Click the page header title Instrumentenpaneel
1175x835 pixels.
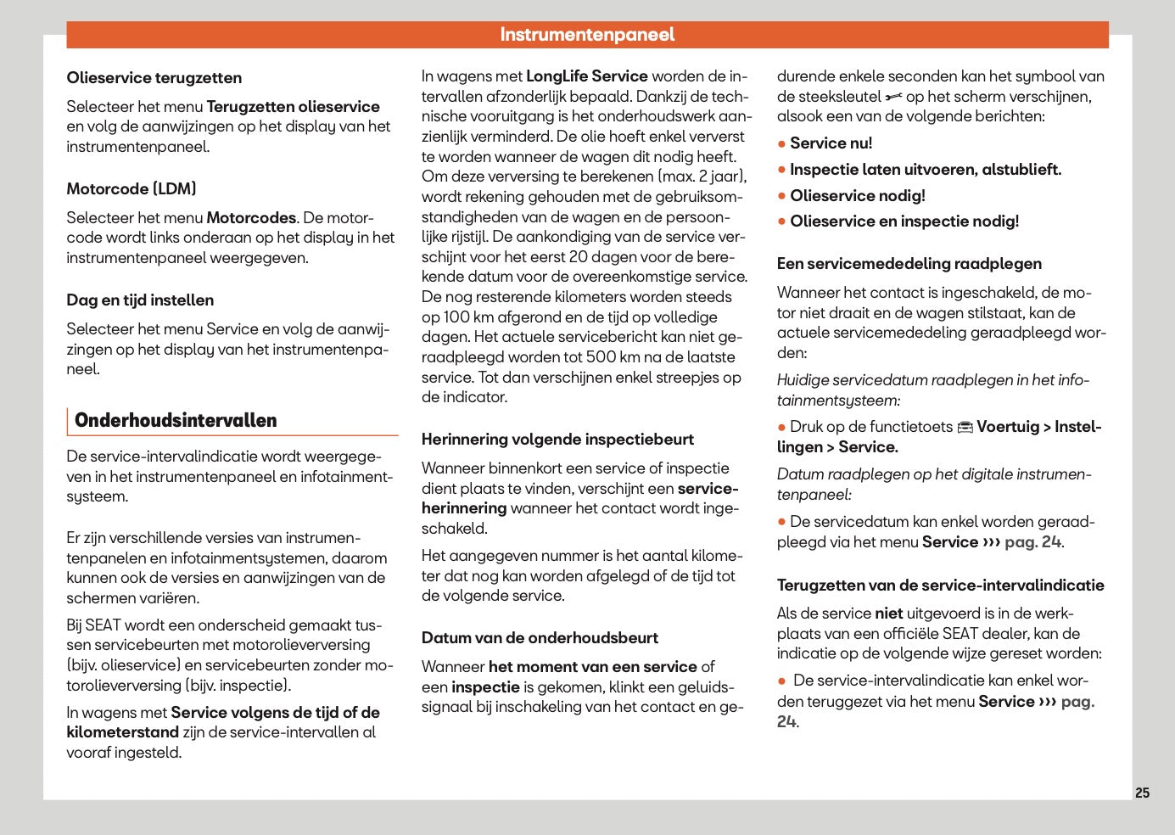coord(587,35)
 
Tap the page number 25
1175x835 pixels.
coord(1142,793)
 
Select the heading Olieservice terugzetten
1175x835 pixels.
coord(154,78)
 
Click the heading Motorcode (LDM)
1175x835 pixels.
coord(131,189)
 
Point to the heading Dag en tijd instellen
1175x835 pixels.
coord(140,300)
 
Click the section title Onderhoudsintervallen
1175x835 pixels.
coord(176,421)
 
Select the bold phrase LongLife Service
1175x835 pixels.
coord(586,76)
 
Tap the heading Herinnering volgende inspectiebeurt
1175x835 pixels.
coord(557,440)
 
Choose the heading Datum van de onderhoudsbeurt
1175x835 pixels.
coord(540,638)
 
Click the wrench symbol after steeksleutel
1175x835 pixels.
coord(893,98)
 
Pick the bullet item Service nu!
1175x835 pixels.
coord(831,143)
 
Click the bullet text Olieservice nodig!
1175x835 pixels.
coord(857,196)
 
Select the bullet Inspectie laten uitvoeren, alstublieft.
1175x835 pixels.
coord(925,170)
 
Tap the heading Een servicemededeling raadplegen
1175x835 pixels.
coord(909,264)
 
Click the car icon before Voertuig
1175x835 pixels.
coord(965,428)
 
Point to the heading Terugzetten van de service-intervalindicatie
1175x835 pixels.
coord(940,586)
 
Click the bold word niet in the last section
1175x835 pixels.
coord(888,614)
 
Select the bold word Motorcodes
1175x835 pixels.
coord(251,218)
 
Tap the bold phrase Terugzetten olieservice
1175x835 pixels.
coord(293,107)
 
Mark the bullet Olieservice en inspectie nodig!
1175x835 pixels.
coord(904,221)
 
